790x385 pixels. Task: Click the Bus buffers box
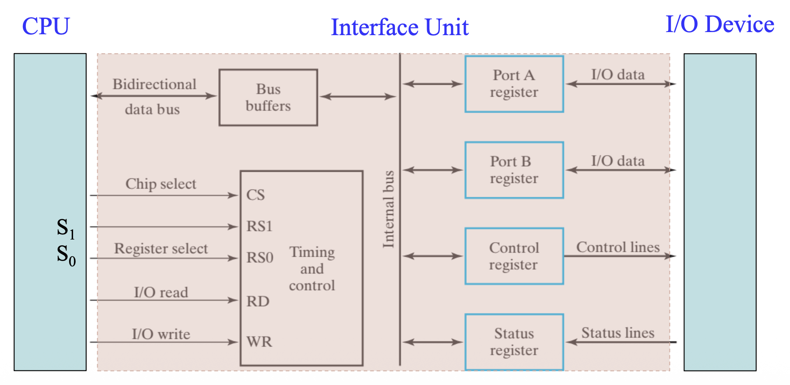tap(268, 98)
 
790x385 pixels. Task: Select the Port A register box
tap(514, 84)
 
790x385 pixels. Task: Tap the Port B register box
tap(514, 170)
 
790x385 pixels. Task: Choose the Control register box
tap(514, 256)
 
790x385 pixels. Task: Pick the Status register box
tap(514, 342)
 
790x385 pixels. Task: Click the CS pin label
tap(256, 195)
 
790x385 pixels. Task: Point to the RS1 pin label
tap(260, 226)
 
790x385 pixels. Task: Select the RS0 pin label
tap(260, 258)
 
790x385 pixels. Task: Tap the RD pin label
tap(258, 301)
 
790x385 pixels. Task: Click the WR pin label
tap(259, 342)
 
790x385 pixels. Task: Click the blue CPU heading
tap(46, 26)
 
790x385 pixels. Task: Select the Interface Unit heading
tap(399, 27)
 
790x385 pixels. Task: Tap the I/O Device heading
tap(720, 24)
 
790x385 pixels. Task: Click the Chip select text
tap(161, 184)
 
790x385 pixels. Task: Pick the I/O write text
tap(161, 334)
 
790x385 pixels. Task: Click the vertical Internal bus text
tap(388, 209)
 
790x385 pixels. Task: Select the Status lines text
tap(618, 333)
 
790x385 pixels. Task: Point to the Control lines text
tap(618, 247)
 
